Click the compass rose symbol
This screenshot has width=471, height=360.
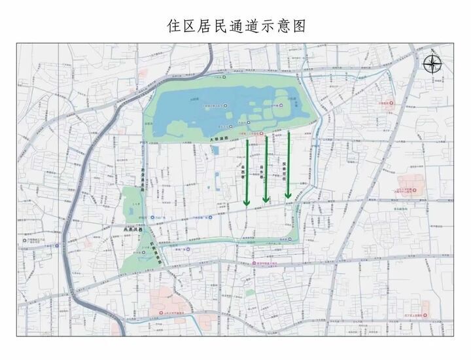[432, 64]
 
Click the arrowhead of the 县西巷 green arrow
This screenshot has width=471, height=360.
[247, 202]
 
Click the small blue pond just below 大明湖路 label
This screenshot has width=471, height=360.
[215, 150]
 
